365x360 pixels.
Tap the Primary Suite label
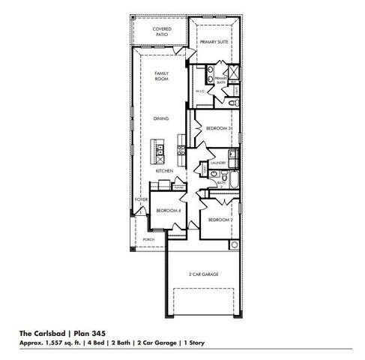[214, 43]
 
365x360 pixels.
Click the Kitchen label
[164, 171]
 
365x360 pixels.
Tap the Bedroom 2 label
[219, 219]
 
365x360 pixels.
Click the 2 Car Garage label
[203, 275]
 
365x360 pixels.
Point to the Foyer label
[140, 200]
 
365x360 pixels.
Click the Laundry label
[218, 162]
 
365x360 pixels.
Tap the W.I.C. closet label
[200, 91]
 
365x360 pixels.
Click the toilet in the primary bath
[234, 100]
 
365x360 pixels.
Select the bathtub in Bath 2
[232, 181]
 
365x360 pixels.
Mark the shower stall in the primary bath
[234, 73]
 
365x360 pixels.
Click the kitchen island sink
[160, 151]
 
